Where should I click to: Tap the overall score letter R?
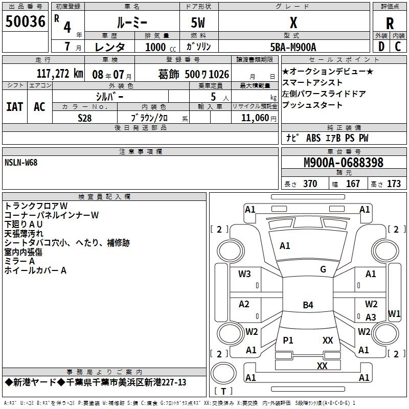390,24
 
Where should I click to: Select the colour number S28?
85,118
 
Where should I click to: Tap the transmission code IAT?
14,107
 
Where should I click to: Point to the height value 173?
394,184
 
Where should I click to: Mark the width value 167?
353,184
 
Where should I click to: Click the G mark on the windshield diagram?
323,269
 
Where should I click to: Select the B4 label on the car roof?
308,305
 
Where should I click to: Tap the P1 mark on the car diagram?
288,340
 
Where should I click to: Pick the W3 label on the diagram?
244,274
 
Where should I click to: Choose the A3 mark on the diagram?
371,317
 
